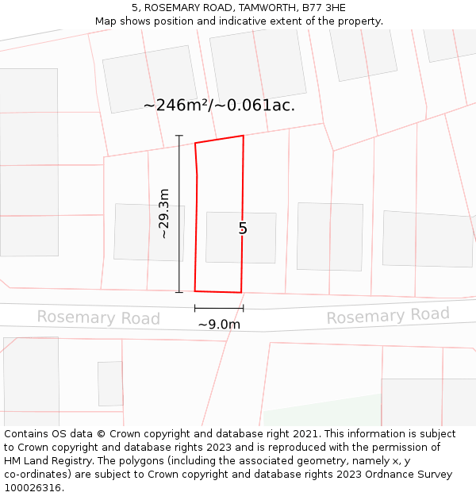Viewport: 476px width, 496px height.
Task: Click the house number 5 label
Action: click(x=243, y=229)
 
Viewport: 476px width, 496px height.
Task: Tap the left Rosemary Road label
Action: click(x=98, y=318)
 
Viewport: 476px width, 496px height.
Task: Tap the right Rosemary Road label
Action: click(x=388, y=316)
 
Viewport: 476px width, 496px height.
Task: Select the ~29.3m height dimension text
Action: click(x=163, y=213)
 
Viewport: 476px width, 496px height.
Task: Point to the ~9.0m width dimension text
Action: click(x=219, y=324)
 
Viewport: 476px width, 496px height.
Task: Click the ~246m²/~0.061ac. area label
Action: click(x=219, y=105)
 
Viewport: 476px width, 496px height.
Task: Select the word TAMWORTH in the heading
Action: click(x=259, y=8)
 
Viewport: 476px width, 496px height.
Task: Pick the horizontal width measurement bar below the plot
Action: click(x=219, y=308)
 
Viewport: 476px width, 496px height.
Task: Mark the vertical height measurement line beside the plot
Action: click(x=179, y=214)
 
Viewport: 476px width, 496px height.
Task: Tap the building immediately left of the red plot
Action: click(x=148, y=232)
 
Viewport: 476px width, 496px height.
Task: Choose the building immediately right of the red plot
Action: click(x=329, y=236)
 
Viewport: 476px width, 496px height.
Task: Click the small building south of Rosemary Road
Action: click(x=110, y=383)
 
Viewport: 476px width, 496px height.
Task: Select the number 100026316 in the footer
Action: click(x=33, y=488)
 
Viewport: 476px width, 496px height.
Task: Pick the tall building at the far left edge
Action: click(x=29, y=162)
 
